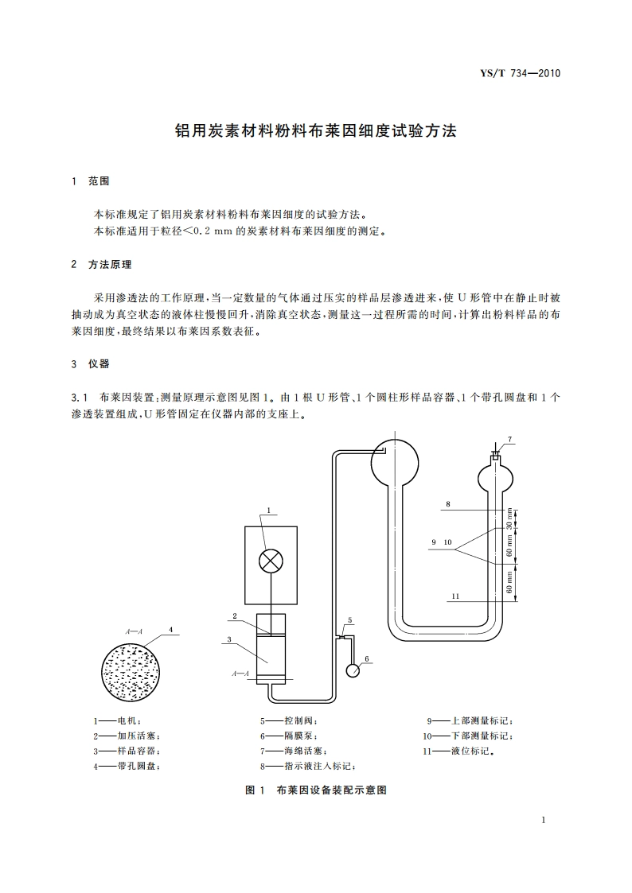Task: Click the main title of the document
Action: (316, 131)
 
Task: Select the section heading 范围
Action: (99, 182)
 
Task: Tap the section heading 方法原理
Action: (110, 264)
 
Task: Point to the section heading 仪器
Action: (99, 364)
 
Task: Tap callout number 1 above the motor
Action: (269, 511)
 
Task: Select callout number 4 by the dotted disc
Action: (170, 628)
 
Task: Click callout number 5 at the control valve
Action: (349, 619)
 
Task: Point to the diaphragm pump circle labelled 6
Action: (353, 670)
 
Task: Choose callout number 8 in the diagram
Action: (448, 504)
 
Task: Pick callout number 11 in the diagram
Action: (454, 596)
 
